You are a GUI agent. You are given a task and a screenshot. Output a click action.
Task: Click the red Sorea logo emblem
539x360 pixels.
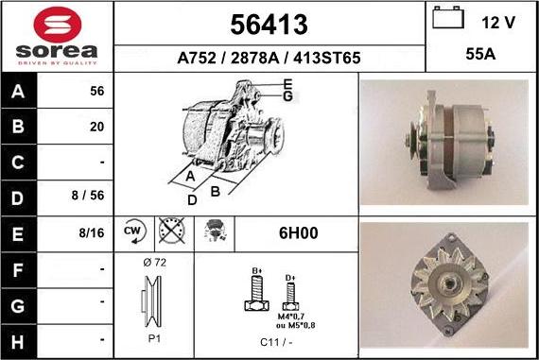click(58, 25)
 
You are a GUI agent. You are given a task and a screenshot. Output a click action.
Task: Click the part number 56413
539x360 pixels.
click(269, 25)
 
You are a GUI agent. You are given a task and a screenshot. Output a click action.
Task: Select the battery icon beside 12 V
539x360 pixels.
click(448, 17)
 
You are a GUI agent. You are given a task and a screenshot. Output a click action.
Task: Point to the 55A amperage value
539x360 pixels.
click(480, 54)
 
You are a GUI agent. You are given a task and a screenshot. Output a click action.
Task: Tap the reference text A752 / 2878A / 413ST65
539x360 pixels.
click(269, 58)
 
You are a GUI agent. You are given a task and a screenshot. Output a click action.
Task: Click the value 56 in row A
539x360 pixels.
click(97, 91)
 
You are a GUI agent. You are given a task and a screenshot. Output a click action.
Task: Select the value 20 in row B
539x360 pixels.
click(97, 127)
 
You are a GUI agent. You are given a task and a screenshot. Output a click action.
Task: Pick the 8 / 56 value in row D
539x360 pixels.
click(88, 196)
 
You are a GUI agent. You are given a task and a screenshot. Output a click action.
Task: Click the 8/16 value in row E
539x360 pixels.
click(92, 232)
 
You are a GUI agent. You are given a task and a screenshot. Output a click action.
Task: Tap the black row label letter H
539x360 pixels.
click(18, 342)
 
